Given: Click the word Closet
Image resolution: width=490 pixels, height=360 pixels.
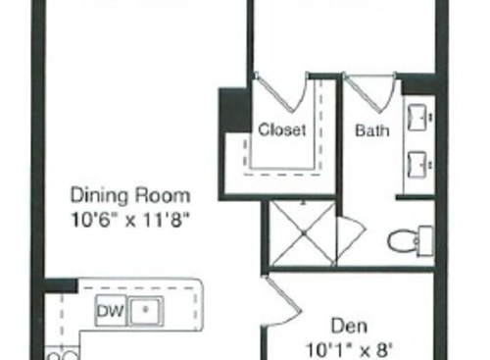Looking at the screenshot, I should pyautogui.click(x=282, y=129).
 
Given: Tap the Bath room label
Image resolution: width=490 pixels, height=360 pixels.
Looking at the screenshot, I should pyautogui.click(x=371, y=129).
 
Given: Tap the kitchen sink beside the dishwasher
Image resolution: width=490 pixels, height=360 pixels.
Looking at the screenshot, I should pyautogui.click(x=146, y=311).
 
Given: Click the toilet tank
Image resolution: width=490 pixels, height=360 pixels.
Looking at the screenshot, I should pyautogui.click(x=425, y=238).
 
